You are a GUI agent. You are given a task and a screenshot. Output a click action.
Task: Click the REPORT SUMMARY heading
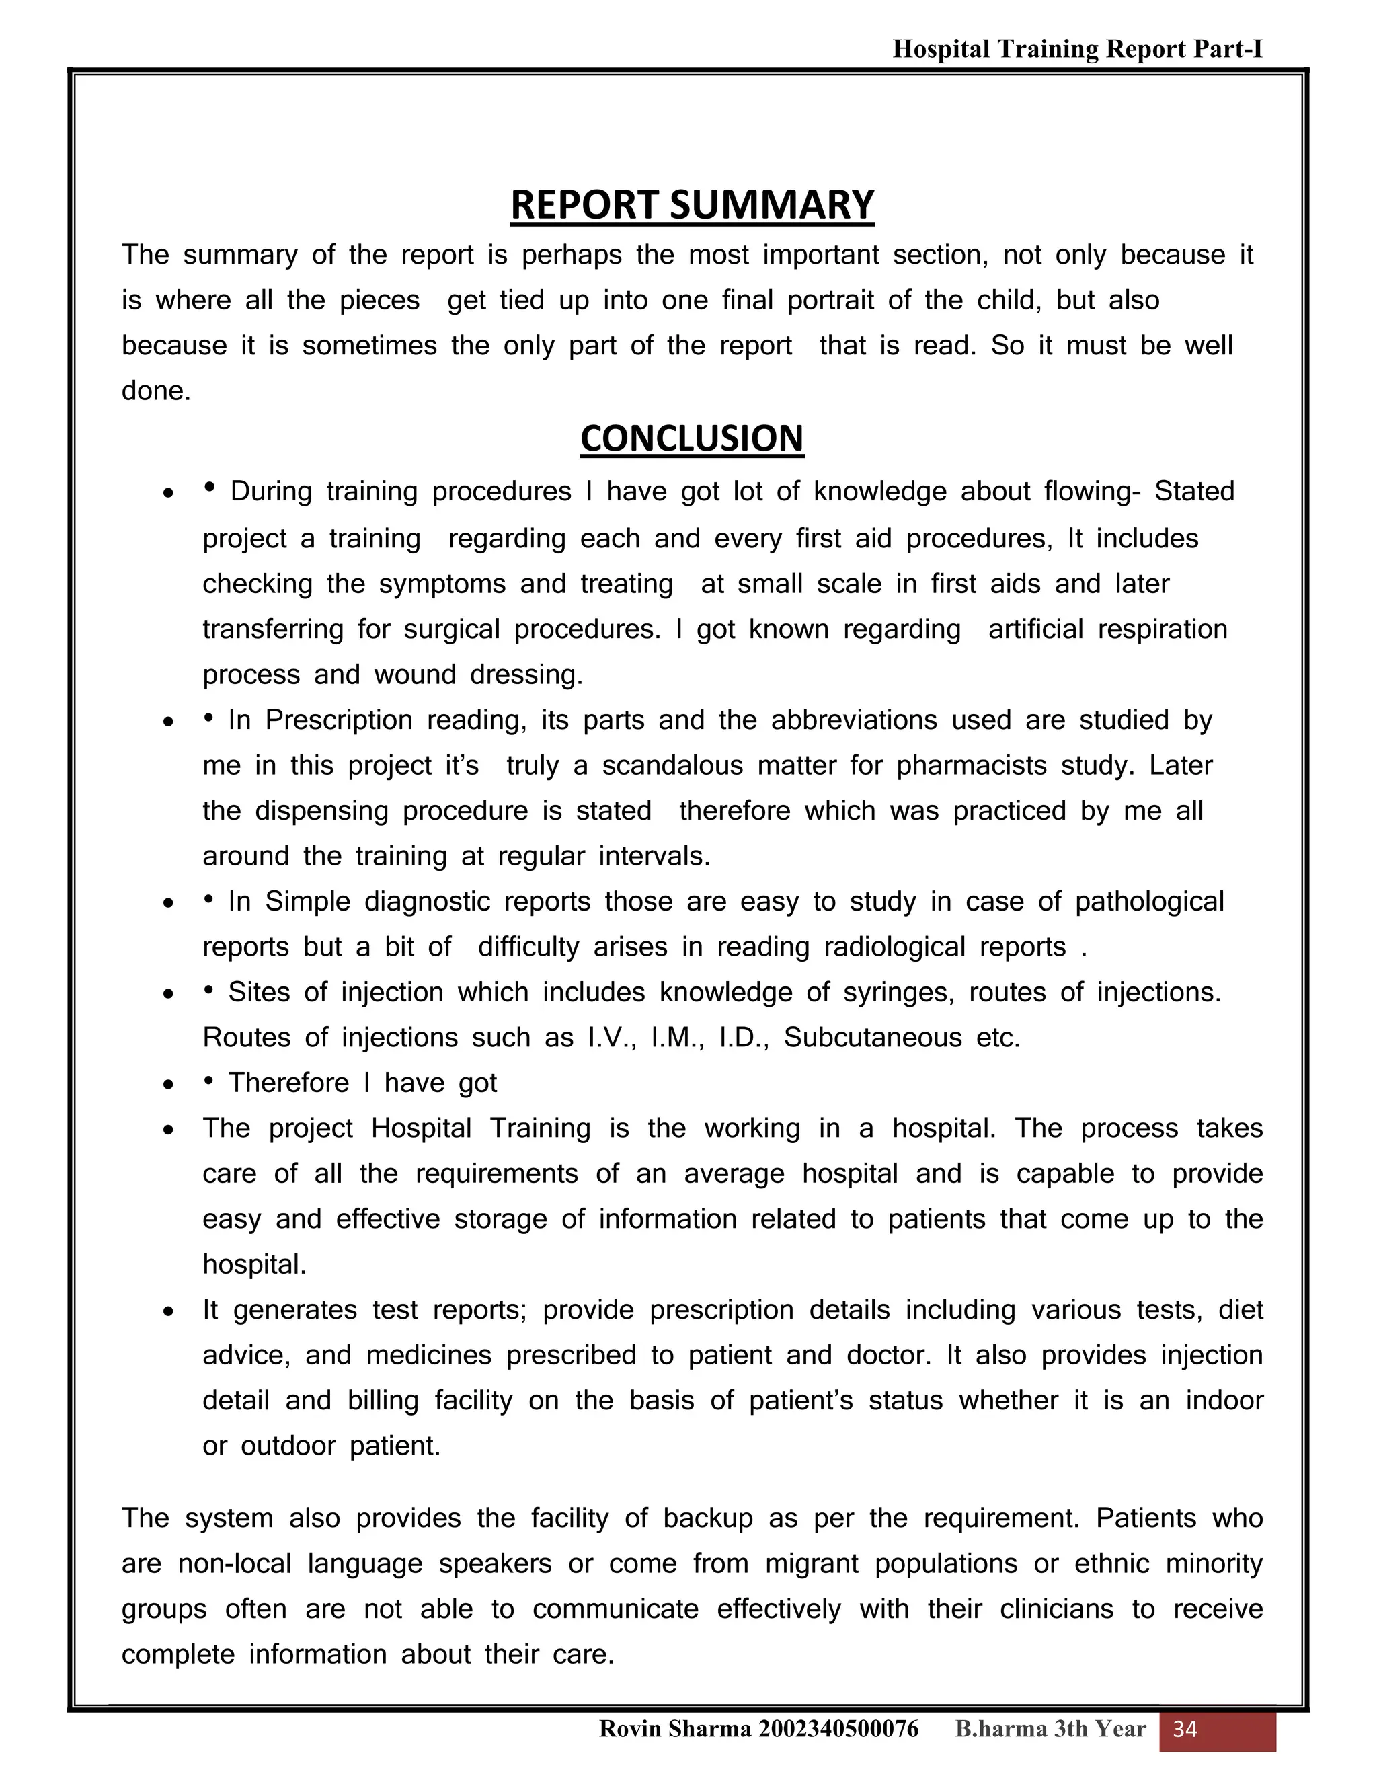click(x=692, y=206)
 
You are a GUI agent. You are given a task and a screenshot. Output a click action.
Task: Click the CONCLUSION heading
click(x=692, y=439)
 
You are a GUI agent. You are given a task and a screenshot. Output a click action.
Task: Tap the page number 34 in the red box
click(x=1185, y=1728)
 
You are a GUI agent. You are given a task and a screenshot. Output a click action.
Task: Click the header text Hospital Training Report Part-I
click(x=1077, y=50)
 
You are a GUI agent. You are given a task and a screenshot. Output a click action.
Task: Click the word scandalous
click(x=672, y=765)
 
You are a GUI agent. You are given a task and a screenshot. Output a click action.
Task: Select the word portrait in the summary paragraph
click(x=830, y=301)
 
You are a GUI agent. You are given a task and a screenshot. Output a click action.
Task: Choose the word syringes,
click(x=899, y=992)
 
